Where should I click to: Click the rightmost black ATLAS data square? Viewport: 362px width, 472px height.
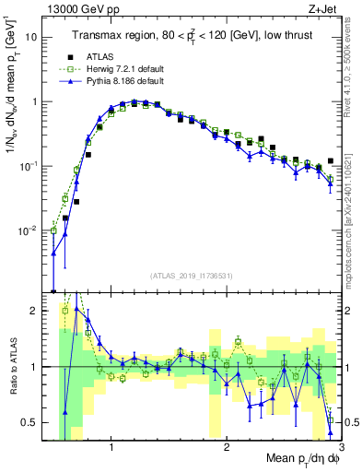pos(331,160)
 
